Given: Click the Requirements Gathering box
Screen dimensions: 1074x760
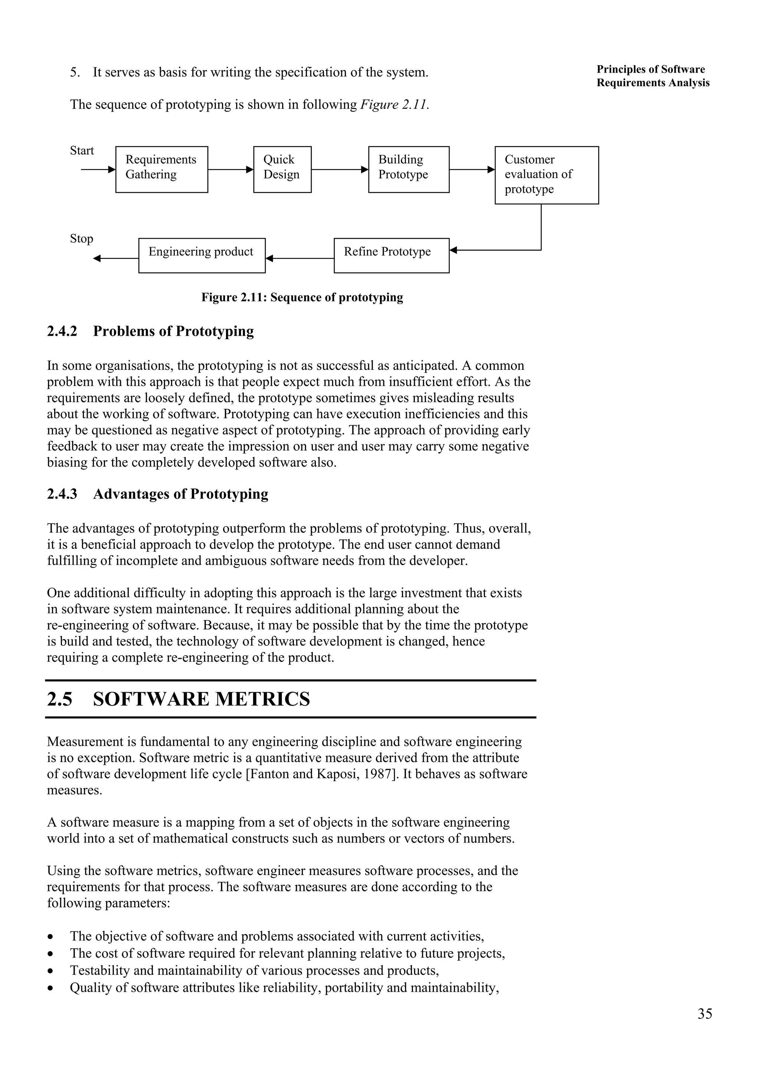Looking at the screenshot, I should [161, 169].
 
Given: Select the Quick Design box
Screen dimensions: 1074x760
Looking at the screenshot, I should [282, 169].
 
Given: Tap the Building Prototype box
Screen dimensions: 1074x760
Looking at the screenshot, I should [408, 169].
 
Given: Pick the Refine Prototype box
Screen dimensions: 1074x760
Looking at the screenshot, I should [391, 255].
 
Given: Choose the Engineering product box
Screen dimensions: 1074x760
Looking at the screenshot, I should [202, 255].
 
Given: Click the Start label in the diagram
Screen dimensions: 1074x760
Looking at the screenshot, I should [82, 150].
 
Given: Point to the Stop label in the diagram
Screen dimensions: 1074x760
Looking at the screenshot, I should [82, 239].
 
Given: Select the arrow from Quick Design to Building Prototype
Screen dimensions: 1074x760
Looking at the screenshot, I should [340, 169].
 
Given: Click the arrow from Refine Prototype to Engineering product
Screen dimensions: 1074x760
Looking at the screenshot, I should [300, 258].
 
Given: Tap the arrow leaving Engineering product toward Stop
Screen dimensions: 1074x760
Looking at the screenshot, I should [116, 258].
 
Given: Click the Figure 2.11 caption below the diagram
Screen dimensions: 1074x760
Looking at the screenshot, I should [302, 298].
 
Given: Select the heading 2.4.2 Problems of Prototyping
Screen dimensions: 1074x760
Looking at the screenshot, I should [150, 331].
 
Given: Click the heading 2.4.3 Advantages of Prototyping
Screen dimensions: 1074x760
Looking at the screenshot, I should [157, 494].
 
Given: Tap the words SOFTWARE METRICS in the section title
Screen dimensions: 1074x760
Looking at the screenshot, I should [202, 699].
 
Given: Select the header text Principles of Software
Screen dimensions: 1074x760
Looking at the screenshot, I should [651, 69].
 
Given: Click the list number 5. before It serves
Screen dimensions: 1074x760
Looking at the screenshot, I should [75, 73].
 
